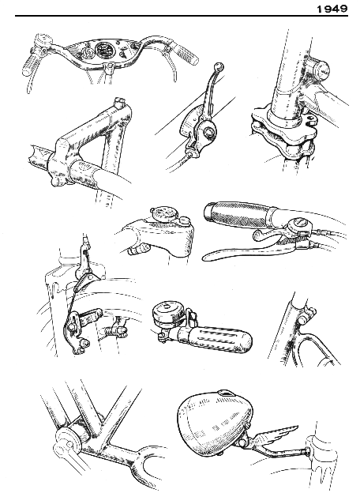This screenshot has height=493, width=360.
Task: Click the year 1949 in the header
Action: coord(332,9)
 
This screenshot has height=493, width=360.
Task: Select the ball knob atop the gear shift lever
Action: coord(219,66)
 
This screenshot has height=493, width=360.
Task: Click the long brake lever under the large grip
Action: coord(248,250)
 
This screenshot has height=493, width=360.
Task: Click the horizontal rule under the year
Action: coord(182,16)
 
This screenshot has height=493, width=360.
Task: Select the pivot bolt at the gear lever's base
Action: coord(208,133)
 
